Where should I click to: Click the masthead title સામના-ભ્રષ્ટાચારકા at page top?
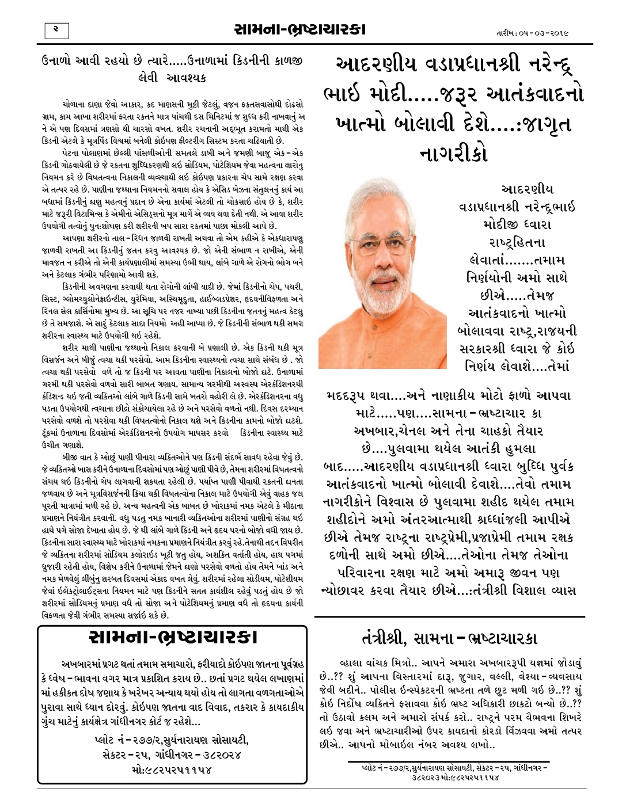[300, 29]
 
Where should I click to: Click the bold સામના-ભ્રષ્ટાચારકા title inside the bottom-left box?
[173, 638]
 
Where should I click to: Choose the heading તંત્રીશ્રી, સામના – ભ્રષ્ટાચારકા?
[449, 638]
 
